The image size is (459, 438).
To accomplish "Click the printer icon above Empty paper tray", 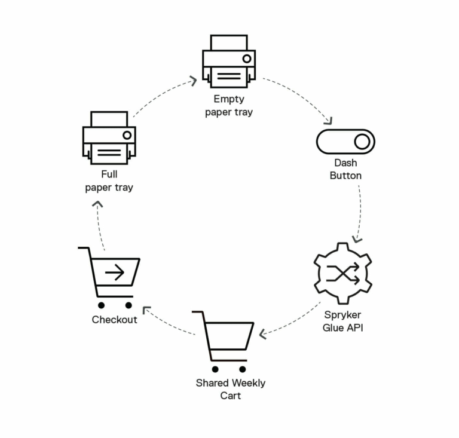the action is pyautogui.click(x=229, y=61).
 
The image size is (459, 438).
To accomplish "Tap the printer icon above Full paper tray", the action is pyautogui.click(x=109, y=137).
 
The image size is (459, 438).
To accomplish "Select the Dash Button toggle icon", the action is pyautogui.click(x=345, y=142).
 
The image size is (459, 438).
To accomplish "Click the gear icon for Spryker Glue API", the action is pyautogui.click(x=343, y=273).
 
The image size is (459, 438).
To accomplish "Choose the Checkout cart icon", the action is pyautogui.click(x=109, y=277).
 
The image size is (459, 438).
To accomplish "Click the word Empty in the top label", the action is pyautogui.click(x=229, y=99).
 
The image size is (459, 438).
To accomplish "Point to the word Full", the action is pyautogui.click(x=109, y=174).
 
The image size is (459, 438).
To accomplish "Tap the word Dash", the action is pyautogui.click(x=345, y=163).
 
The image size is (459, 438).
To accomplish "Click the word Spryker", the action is pyautogui.click(x=343, y=315).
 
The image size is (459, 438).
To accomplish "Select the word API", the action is pyautogui.click(x=355, y=327).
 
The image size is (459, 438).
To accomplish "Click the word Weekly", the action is pyautogui.click(x=248, y=383).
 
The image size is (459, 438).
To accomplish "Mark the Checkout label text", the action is pyautogui.click(x=115, y=320).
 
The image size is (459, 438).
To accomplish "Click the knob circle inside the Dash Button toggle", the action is pyautogui.click(x=362, y=142).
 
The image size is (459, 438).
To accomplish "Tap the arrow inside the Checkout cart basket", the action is pyautogui.click(x=115, y=272).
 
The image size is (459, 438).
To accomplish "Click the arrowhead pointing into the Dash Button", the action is pyautogui.click(x=329, y=121).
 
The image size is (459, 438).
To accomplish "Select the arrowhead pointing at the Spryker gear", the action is pyautogui.click(x=357, y=239).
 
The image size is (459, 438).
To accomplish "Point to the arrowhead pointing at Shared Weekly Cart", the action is pyautogui.click(x=262, y=334).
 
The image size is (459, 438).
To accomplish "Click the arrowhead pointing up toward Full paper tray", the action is pyautogui.click(x=97, y=204).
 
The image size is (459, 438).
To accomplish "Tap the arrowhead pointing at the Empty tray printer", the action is pyautogui.click(x=194, y=81).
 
